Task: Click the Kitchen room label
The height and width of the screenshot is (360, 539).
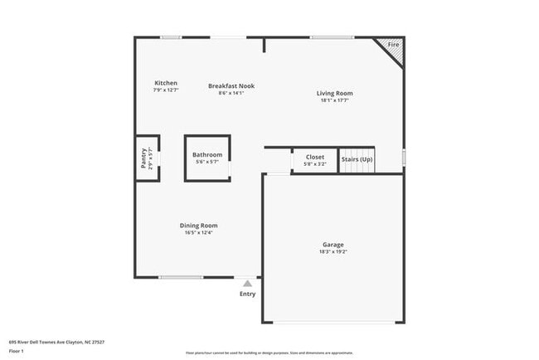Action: [166, 83]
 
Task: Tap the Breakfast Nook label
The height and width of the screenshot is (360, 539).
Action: [231, 85]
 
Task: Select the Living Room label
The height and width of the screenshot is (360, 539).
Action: [334, 94]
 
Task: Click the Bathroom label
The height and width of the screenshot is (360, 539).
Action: [207, 154]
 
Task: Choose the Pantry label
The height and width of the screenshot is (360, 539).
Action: [143, 158]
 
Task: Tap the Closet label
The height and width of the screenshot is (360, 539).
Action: [315, 157]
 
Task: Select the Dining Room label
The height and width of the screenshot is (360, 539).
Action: [199, 225]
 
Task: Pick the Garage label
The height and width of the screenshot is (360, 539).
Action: [333, 245]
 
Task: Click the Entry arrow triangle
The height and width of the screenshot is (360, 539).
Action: [247, 283]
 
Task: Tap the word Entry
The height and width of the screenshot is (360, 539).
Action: [248, 294]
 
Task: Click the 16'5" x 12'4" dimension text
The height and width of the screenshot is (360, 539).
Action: [199, 232]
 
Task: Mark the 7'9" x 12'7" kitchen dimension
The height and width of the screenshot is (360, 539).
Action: [166, 90]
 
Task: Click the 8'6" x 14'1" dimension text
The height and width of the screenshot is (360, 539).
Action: [231, 92]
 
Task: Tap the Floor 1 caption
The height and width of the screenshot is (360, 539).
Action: [17, 351]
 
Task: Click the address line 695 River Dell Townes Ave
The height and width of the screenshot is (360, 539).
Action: [56, 341]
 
